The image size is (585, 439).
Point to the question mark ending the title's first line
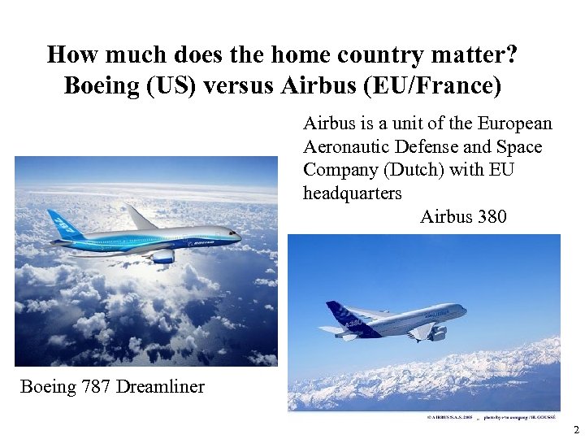click(x=512, y=55)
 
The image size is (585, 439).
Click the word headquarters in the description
click(x=352, y=193)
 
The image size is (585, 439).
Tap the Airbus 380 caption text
click(x=463, y=217)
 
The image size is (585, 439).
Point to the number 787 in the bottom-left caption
click(x=95, y=386)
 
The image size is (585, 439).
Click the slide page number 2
click(x=574, y=429)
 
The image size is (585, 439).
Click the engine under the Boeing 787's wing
click(x=162, y=255)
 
